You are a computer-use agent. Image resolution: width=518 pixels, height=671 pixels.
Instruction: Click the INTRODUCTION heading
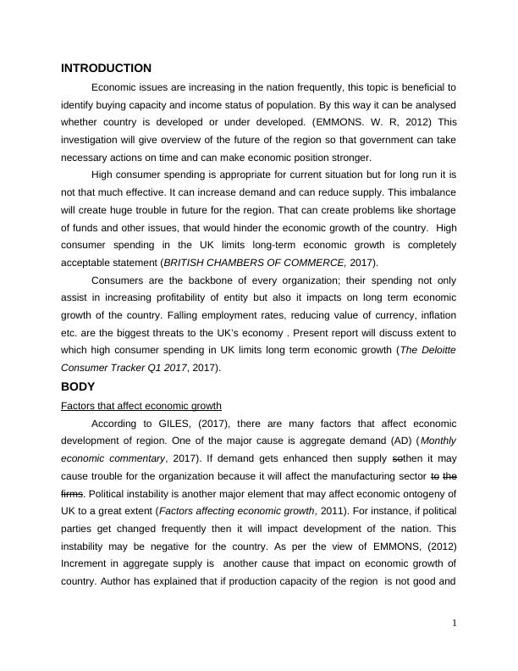click(x=106, y=69)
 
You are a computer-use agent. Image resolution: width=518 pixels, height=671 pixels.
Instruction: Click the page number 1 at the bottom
click(x=454, y=624)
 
